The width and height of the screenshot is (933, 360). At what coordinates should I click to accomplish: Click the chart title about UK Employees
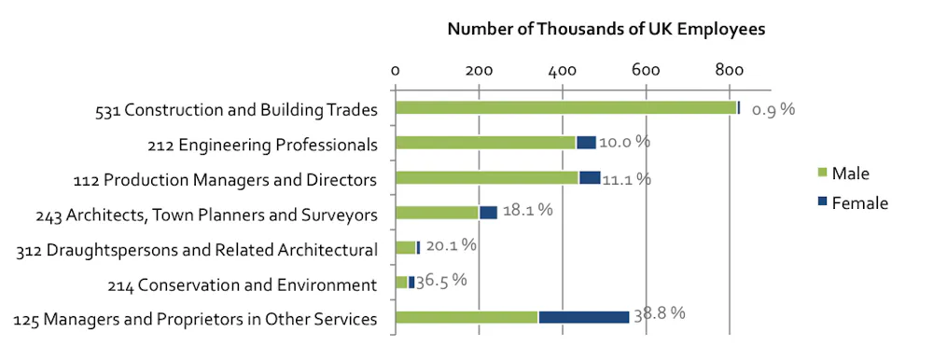tap(606, 29)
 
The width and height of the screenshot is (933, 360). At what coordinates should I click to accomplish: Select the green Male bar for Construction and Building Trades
tap(565, 108)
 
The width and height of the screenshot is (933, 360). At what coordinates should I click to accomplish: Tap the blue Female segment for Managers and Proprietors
tap(583, 317)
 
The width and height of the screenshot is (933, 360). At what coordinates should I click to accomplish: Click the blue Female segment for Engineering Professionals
tap(586, 143)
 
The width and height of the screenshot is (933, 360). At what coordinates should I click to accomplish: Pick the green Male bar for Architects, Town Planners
tap(437, 213)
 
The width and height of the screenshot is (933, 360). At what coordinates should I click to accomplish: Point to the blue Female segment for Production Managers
tap(590, 178)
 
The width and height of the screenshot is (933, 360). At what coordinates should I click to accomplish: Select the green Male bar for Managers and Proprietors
tap(466, 317)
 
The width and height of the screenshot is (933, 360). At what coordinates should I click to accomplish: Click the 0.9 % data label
tap(773, 109)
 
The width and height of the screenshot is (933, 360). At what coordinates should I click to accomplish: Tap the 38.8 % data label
tap(660, 313)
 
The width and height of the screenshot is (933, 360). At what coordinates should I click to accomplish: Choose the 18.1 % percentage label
tap(527, 210)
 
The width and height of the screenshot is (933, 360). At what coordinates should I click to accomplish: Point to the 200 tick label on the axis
tap(479, 70)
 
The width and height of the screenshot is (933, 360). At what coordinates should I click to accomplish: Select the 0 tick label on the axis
tap(396, 70)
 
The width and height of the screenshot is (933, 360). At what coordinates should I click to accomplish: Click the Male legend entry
tap(850, 173)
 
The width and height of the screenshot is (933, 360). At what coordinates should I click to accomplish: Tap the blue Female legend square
tap(821, 202)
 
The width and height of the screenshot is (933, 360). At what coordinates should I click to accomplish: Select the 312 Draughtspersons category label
tap(197, 249)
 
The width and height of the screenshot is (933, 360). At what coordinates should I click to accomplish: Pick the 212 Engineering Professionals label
tap(262, 145)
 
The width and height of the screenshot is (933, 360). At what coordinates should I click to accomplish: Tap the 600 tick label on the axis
tap(645, 70)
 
